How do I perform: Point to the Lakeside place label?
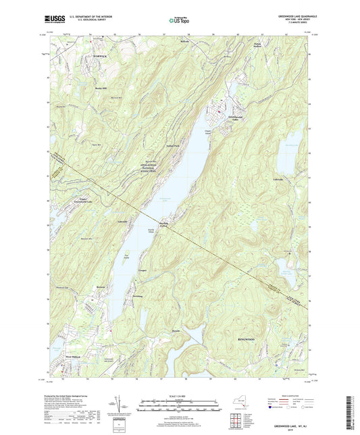click(x=122, y=222)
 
